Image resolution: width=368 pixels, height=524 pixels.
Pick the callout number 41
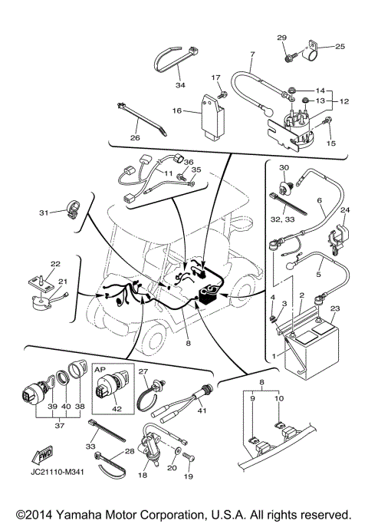[x=202, y=410]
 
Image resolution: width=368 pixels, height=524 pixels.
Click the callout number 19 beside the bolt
[x=189, y=476]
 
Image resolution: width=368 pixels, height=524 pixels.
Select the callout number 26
[x=134, y=139]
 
